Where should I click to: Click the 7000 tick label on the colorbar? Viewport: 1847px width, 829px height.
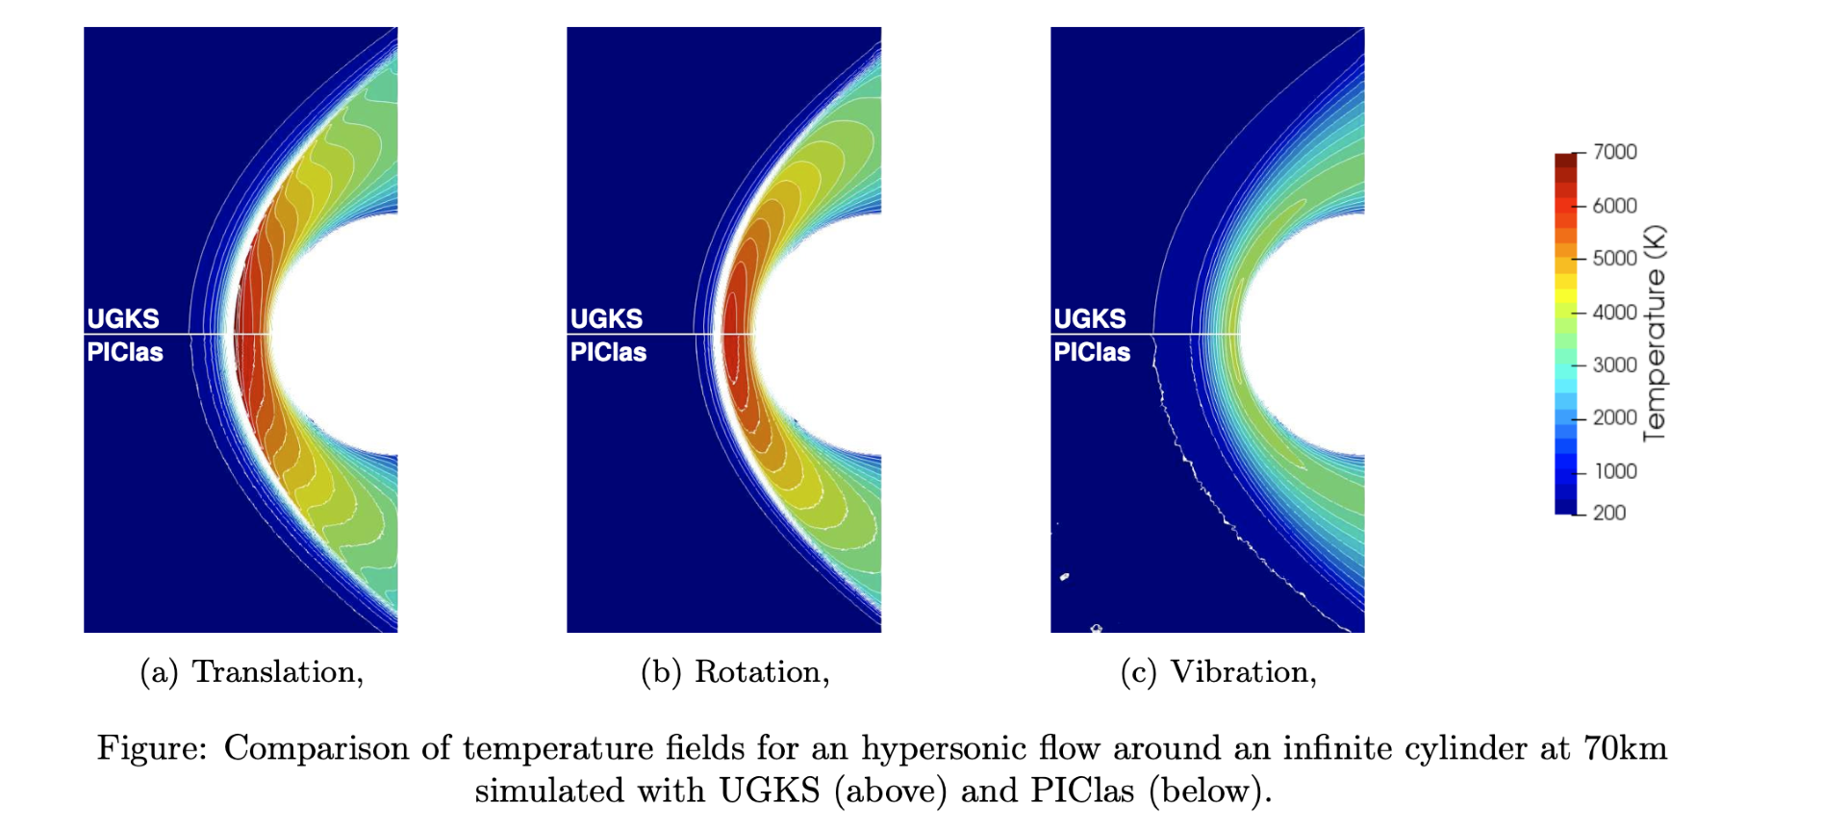point(1614,152)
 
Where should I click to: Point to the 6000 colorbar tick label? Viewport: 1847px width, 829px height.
point(1614,206)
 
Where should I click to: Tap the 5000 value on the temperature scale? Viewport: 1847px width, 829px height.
point(1614,259)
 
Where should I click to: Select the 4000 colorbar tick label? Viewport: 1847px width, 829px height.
point(1614,313)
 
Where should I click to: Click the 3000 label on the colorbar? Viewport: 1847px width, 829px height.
point(1614,365)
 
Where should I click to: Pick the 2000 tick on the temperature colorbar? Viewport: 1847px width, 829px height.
point(1614,418)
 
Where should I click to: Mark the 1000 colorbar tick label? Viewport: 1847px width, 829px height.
point(1615,471)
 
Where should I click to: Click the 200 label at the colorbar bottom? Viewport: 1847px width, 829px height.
point(1609,513)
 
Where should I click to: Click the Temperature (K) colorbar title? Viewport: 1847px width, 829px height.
point(1655,334)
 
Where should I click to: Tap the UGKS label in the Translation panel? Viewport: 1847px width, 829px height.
point(123,318)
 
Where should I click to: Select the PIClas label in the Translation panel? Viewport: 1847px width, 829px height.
point(125,352)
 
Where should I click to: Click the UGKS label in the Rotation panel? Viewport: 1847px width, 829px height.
point(606,318)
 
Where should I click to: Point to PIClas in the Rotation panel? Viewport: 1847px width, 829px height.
point(608,352)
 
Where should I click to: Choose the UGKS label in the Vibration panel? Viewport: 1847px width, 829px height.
point(1090,318)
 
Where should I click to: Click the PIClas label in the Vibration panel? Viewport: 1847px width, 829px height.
point(1092,352)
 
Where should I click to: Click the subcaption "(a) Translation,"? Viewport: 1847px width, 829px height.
point(252,672)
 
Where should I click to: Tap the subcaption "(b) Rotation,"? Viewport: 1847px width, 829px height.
point(735,672)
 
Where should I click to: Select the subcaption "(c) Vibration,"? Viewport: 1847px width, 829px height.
point(1219,672)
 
